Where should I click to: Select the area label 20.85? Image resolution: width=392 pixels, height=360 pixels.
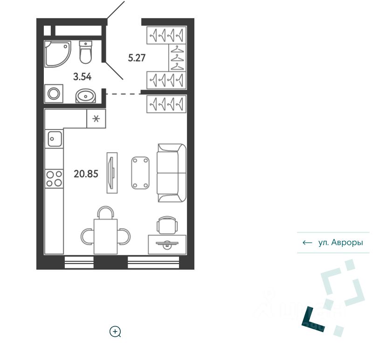pos(86,174)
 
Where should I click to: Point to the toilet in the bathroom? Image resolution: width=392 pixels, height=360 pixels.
pos(86,52)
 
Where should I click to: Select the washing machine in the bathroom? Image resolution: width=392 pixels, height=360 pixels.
pos(54,94)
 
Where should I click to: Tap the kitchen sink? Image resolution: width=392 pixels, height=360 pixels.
pos(54,138)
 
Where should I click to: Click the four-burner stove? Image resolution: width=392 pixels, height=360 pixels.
pos(54,178)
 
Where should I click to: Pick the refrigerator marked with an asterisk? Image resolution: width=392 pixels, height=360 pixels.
pos(96,119)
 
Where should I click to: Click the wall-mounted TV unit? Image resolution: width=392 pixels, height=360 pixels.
pos(111,173)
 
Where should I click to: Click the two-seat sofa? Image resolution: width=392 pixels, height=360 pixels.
pos(171,173)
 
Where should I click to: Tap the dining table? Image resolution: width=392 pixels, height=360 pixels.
pos(105,236)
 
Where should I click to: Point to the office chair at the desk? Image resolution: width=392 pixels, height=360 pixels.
pos(167,225)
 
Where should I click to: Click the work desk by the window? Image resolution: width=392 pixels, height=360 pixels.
pos(167,245)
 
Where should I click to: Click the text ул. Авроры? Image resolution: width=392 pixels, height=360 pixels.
pos(340,243)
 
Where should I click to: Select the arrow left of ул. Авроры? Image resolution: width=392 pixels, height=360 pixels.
pos(307,243)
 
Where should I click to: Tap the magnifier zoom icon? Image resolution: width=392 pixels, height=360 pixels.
pos(115,332)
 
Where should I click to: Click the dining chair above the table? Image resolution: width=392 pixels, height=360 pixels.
pos(105,213)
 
